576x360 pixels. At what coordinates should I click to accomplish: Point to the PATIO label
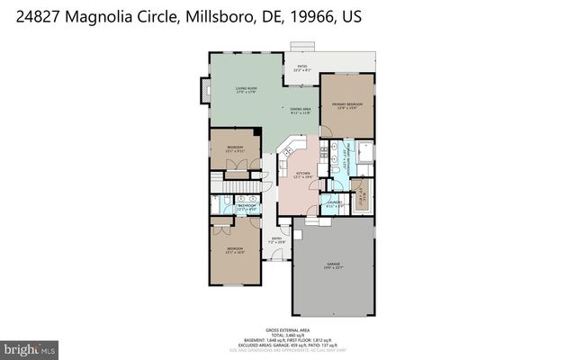302,67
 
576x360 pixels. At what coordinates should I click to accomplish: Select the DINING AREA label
300,111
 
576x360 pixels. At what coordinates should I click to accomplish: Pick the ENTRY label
277,240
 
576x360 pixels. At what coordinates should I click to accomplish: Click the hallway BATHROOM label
247,207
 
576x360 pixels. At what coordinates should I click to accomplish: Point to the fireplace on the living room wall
202,90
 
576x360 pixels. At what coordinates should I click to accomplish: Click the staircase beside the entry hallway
239,186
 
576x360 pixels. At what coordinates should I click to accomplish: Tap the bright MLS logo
30,346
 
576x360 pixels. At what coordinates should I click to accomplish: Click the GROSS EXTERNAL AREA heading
288,330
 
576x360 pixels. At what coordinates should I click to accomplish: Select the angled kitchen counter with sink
290,148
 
